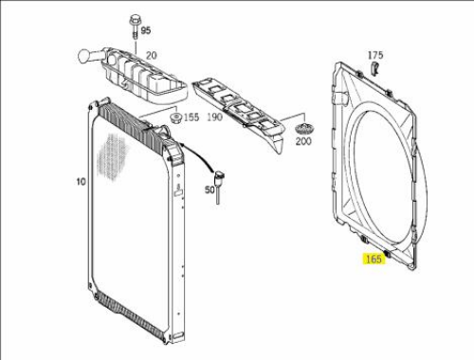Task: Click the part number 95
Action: tap(146, 30)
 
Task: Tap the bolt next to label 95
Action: tap(135, 27)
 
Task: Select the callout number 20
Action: tap(152, 56)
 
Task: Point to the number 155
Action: tap(191, 117)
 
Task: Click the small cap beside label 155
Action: tap(175, 118)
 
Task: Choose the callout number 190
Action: tap(215, 117)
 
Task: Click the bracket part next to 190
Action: tap(239, 111)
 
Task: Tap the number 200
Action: tap(303, 141)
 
